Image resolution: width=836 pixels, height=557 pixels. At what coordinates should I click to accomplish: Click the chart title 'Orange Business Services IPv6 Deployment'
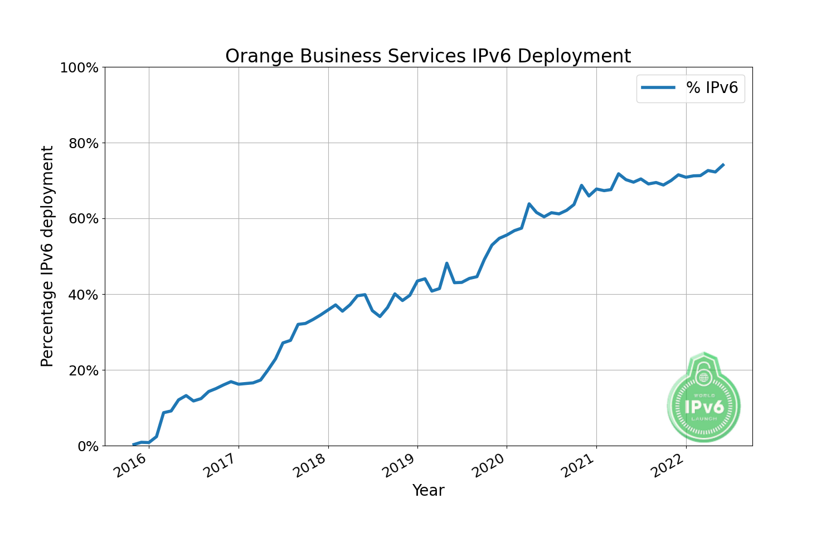pos(428,56)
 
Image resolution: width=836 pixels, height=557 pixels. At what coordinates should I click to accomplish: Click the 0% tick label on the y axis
pos(88,446)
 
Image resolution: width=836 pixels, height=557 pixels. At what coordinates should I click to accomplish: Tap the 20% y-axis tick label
pos(84,370)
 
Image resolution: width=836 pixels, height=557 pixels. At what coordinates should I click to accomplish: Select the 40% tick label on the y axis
pos(84,295)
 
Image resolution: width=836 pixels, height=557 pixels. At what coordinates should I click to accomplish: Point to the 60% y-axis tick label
pos(84,219)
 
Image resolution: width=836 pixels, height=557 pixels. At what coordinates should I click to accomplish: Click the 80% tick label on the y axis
pos(84,143)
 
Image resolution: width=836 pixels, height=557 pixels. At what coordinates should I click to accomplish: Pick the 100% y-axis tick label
pos(79,68)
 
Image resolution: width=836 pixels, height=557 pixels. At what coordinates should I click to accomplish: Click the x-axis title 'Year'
pos(428,491)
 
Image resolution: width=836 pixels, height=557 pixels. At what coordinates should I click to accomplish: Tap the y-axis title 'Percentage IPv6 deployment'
pos(48,256)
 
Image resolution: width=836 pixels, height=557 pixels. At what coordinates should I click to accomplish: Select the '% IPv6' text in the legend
pos(712,87)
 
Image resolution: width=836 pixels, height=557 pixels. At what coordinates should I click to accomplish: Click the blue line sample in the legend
pos(658,87)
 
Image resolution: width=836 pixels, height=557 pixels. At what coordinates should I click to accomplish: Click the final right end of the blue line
pos(723,164)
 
